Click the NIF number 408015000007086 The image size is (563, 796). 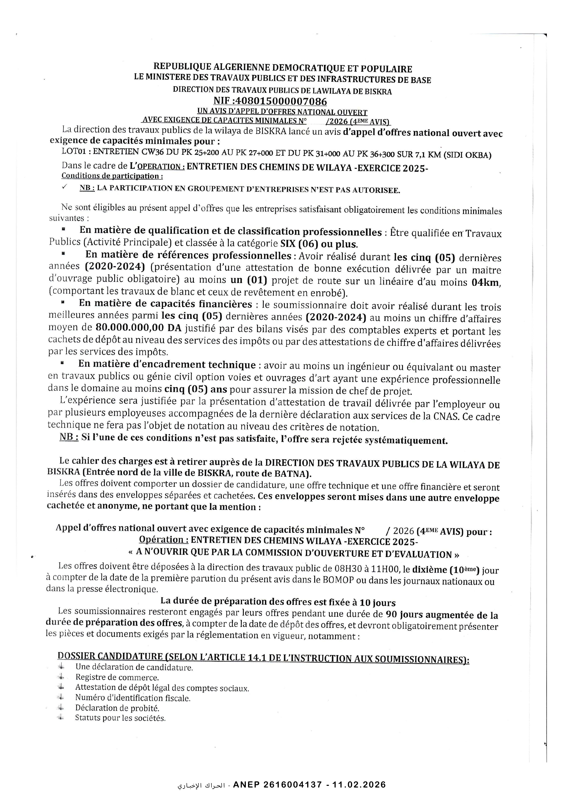(281, 101)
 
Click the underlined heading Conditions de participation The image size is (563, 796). (112, 176)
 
